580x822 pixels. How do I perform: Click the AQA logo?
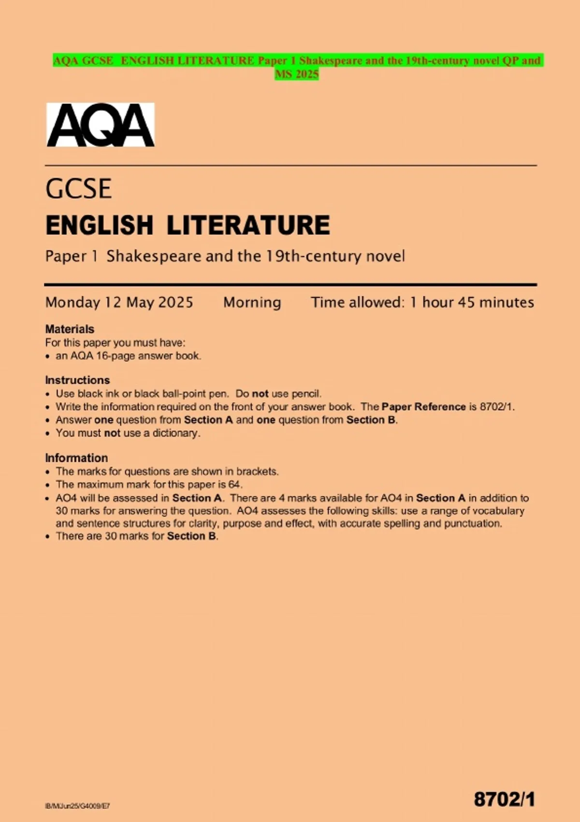point(101,125)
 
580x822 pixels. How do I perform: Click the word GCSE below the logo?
point(79,189)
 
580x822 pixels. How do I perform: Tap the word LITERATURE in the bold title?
point(248,225)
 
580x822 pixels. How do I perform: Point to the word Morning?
point(252,303)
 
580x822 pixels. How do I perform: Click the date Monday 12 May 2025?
point(119,303)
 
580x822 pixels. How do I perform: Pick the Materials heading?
point(70,329)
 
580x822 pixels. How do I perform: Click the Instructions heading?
point(77,380)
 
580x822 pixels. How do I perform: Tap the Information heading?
point(76,458)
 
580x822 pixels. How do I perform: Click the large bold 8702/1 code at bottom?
point(504,799)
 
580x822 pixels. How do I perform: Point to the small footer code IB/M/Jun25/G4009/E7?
point(77,806)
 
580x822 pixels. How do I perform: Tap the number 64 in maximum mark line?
point(234,484)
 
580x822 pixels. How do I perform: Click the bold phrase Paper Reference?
point(423,407)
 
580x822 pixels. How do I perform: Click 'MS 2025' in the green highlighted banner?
point(297,74)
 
